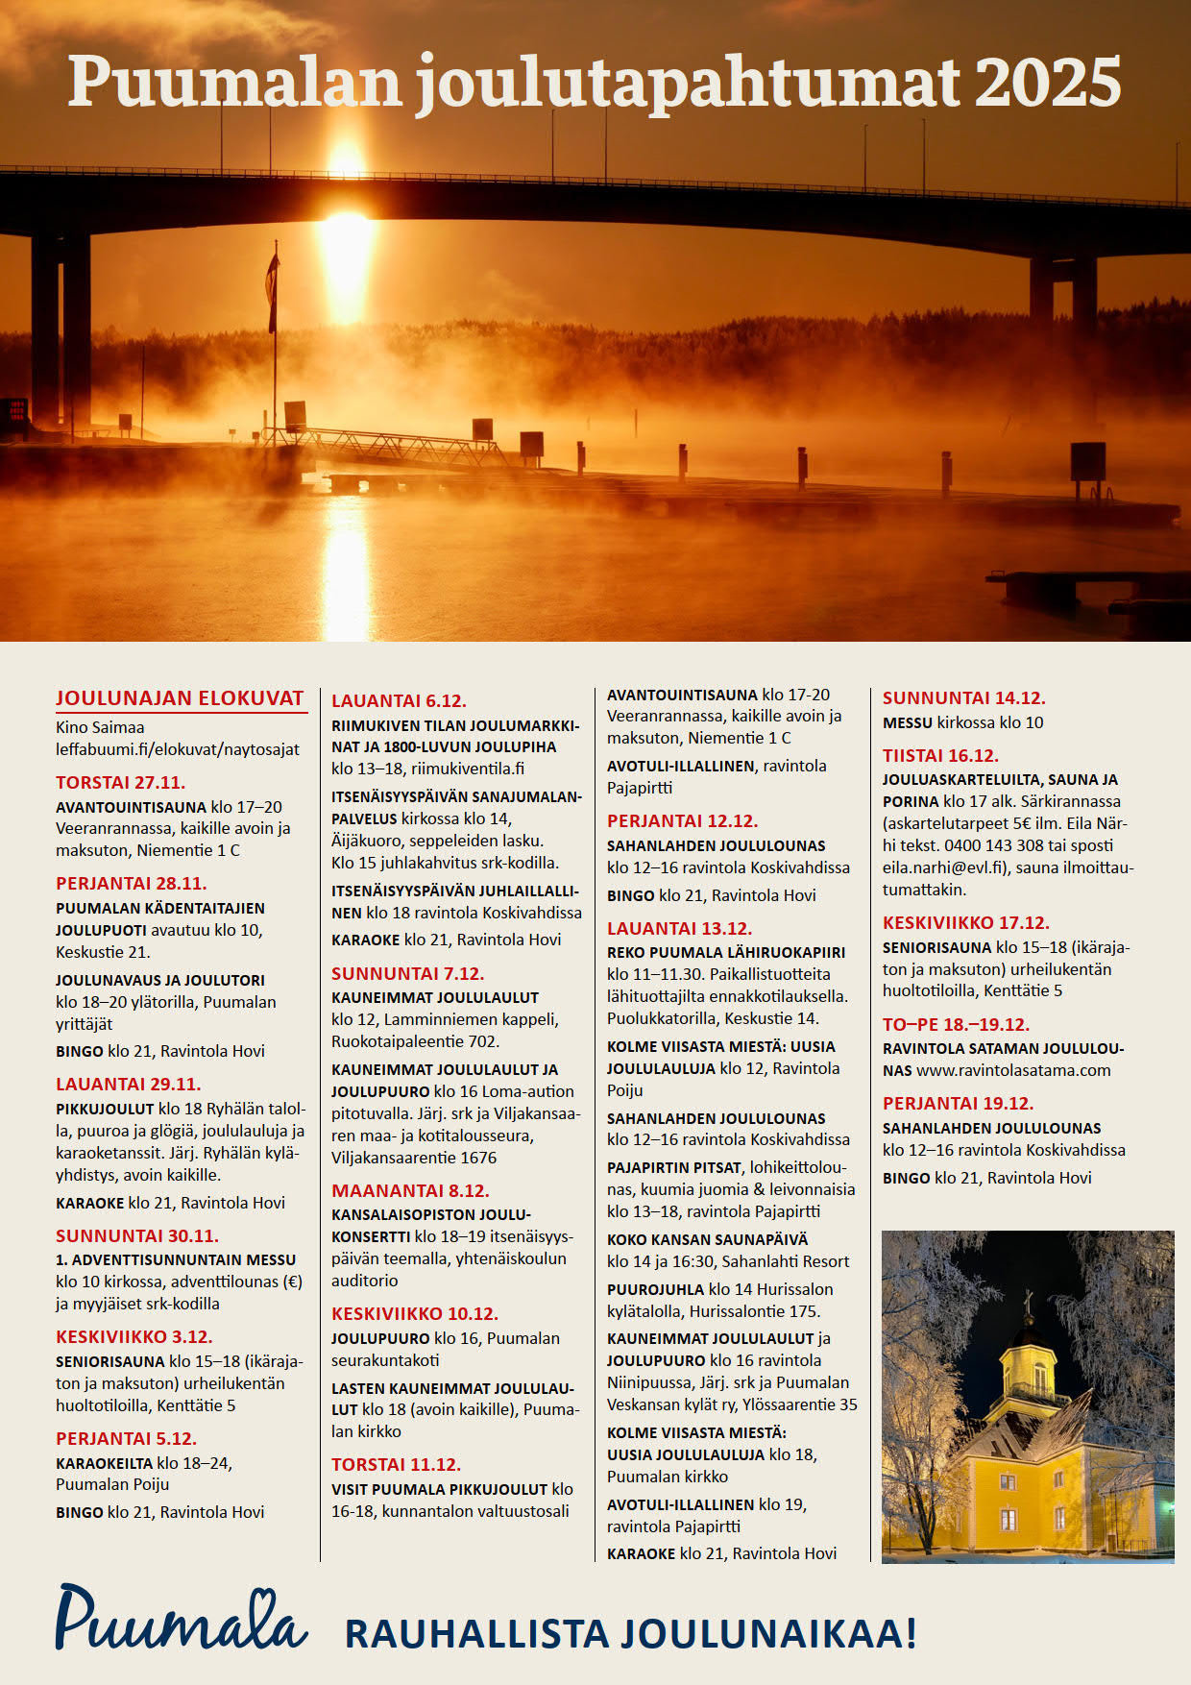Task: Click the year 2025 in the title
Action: pyautogui.click(x=1048, y=83)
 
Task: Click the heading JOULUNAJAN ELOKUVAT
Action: pyautogui.click(x=180, y=698)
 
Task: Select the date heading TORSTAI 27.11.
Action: pyautogui.click(x=120, y=782)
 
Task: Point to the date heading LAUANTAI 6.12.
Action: pyautogui.click(x=399, y=700)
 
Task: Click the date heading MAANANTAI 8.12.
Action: pyautogui.click(x=410, y=1190)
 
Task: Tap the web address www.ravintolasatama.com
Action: pyautogui.click(x=1013, y=1070)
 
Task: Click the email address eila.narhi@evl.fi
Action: pyautogui.click(x=943, y=867)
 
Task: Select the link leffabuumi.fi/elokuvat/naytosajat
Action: pyautogui.click(x=178, y=749)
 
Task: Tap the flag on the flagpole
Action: pyautogui.click(x=273, y=288)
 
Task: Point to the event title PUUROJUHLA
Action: pyautogui.click(x=655, y=1289)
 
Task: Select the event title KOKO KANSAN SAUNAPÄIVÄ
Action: pyautogui.click(x=707, y=1239)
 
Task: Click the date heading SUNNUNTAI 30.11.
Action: pyautogui.click(x=136, y=1235)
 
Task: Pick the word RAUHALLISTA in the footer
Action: pyautogui.click(x=476, y=1633)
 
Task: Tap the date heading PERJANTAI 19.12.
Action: pyautogui.click(x=958, y=1103)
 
